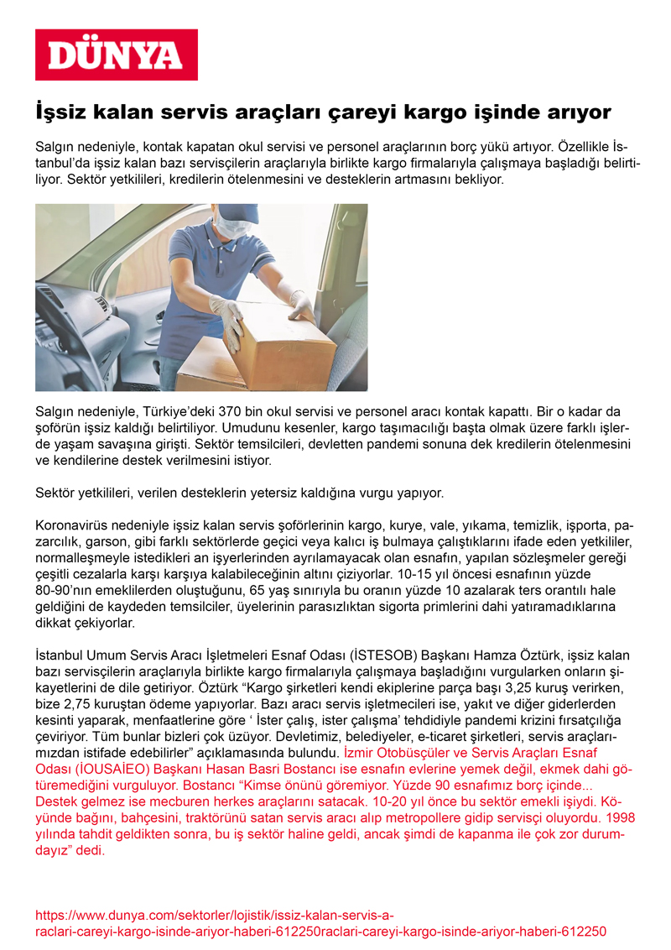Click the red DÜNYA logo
click(x=116, y=55)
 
